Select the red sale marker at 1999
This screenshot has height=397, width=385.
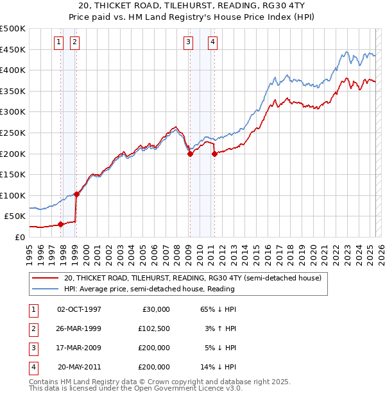76,194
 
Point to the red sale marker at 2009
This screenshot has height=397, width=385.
190,154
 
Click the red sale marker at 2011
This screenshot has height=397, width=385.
214,154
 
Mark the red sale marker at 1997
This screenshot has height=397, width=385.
60,224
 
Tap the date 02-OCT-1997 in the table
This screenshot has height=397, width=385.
80,309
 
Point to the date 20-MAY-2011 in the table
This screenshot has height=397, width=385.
80,368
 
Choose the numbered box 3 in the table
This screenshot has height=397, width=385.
33,348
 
